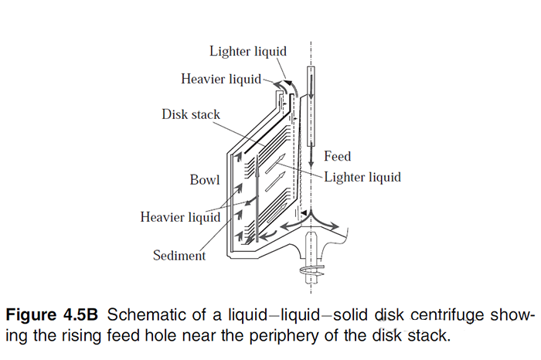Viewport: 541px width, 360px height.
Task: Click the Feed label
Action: click(338, 157)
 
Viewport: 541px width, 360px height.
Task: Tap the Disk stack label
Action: click(191, 114)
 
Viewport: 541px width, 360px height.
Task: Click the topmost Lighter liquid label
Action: click(248, 51)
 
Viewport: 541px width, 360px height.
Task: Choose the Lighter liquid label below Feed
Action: click(362, 177)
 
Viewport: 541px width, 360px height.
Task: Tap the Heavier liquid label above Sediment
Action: click(180, 217)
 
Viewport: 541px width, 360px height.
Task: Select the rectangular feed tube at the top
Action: click(311, 105)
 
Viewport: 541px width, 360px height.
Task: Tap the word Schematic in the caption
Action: click(135, 316)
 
